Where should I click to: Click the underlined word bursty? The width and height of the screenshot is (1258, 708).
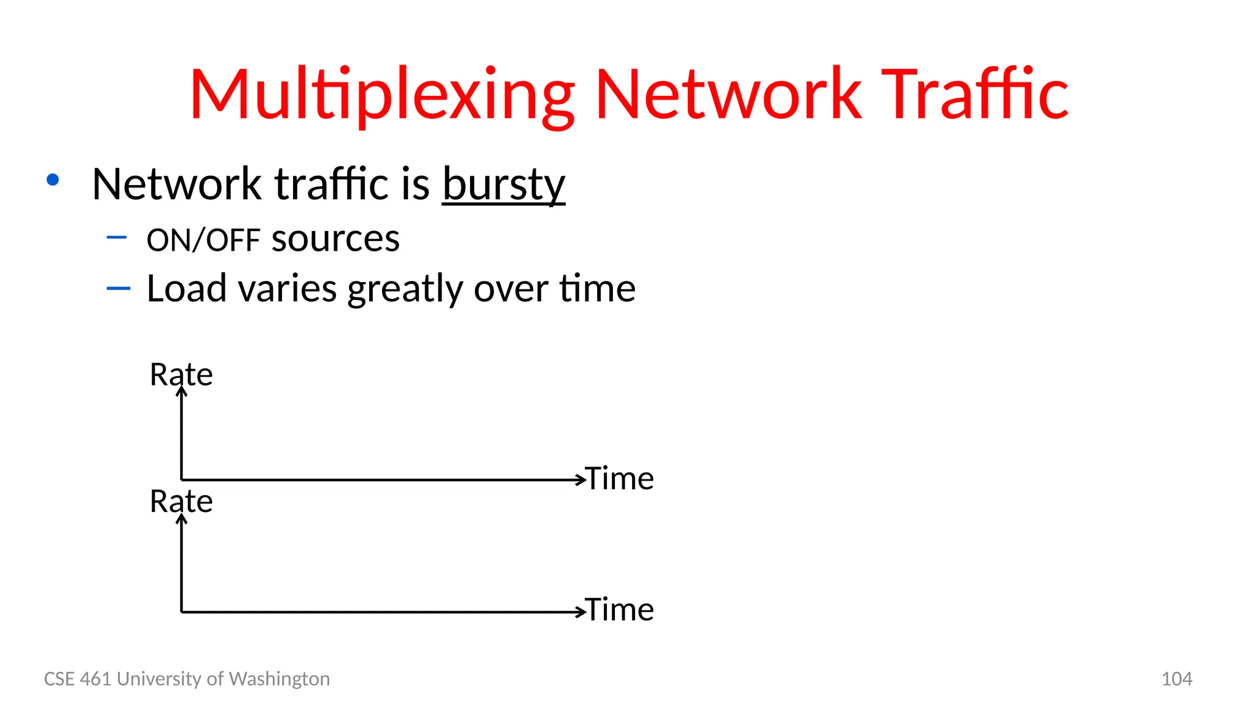[x=503, y=184]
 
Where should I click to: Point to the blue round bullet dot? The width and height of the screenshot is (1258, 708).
[x=53, y=179]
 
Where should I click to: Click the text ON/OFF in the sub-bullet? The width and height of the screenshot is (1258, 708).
[x=203, y=240]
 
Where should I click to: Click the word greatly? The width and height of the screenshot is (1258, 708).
[x=405, y=289]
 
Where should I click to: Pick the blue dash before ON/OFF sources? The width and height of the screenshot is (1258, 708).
[x=117, y=237]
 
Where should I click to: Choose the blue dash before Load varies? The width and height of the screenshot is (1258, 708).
[x=118, y=288]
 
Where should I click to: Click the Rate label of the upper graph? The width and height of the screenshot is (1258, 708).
[x=181, y=374]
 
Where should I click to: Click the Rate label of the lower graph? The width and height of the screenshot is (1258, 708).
[x=181, y=501]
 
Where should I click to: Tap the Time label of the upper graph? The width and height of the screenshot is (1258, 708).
[x=619, y=478]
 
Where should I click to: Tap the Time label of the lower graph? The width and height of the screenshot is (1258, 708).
[x=619, y=610]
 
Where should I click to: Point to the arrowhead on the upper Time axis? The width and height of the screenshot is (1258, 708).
[x=580, y=480]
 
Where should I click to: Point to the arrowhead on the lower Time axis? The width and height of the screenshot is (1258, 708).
[x=580, y=612]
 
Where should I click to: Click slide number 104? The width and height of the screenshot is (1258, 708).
[x=1176, y=678]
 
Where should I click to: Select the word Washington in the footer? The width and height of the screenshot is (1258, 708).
[x=279, y=678]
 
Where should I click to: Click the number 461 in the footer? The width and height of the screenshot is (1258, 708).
[x=96, y=678]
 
